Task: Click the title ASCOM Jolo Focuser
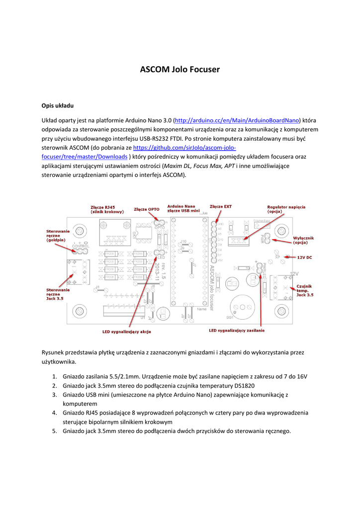(180, 69)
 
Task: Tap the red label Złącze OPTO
(146, 209)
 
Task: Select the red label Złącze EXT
(220, 206)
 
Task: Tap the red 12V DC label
(304, 257)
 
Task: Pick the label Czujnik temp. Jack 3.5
(304, 290)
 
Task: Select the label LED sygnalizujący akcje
(126, 331)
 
